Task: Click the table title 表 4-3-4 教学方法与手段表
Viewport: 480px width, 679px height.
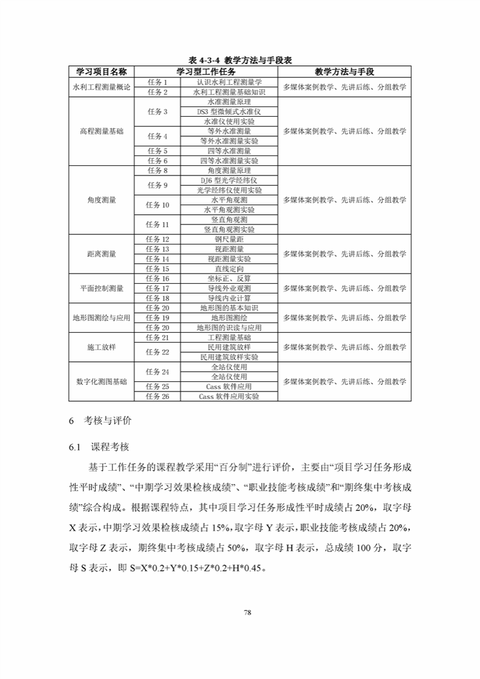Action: pyautogui.click(x=241, y=61)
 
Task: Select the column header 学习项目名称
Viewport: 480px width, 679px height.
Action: pyautogui.click(x=101, y=71)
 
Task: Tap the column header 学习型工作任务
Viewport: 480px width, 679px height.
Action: pyautogui.click(x=206, y=71)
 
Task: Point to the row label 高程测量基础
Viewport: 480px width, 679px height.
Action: pyautogui.click(x=101, y=131)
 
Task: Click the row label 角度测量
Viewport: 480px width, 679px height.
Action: pyautogui.click(x=101, y=200)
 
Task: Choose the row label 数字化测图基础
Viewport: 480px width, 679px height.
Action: pyautogui.click(x=101, y=382)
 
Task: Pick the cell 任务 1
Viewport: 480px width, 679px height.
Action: pyautogui.click(x=157, y=82)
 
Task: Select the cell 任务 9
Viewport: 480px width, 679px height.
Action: pyautogui.click(x=157, y=185)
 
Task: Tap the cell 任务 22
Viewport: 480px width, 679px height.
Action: pyautogui.click(x=157, y=352)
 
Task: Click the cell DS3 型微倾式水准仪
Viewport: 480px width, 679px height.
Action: pyautogui.click(x=229, y=112)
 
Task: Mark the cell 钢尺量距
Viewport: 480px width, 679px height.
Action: pyautogui.click(x=229, y=240)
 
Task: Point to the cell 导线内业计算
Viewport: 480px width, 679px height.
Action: pyautogui.click(x=229, y=298)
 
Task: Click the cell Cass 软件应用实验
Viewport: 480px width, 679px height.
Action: pyautogui.click(x=229, y=396)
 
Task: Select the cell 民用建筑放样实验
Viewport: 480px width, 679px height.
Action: pyautogui.click(x=229, y=357)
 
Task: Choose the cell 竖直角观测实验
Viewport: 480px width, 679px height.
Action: pyautogui.click(x=229, y=230)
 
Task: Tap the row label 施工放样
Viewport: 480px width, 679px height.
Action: pyautogui.click(x=101, y=347)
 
